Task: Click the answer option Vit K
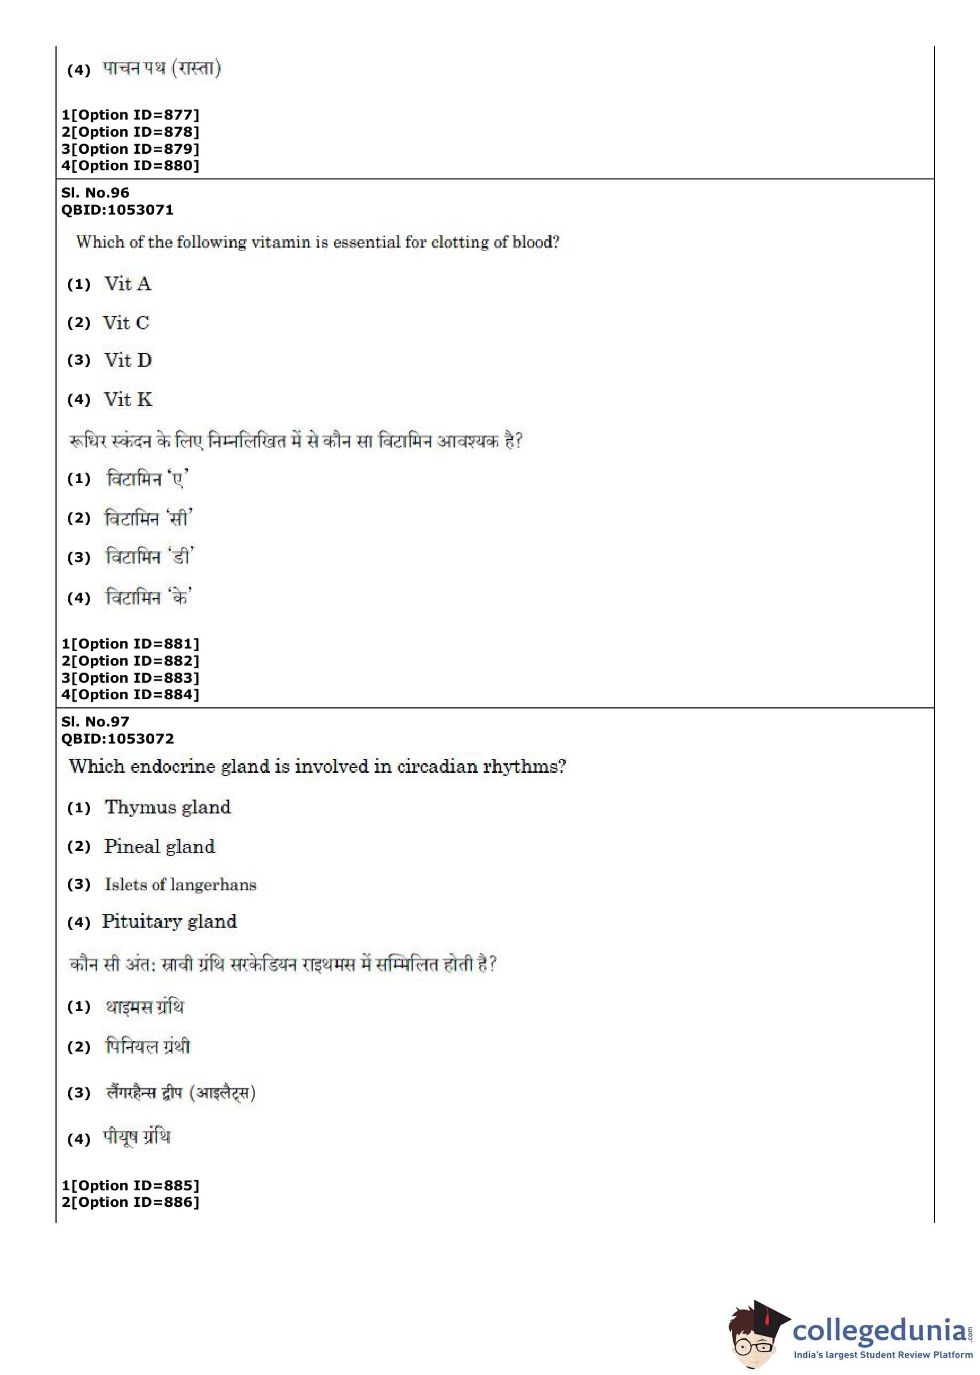pyautogui.click(x=128, y=399)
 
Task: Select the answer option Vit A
pyautogui.click(x=128, y=283)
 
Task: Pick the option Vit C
pyautogui.click(x=125, y=323)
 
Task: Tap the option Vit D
pyautogui.click(x=128, y=360)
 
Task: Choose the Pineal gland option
pyautogui.click(x=159, y=847)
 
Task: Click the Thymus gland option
pyautogui.click(x=167, y=807)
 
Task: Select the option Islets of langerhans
pyautogui.click(x=180, y=884)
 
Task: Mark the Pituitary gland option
pyautogui.click(x=169, y=921)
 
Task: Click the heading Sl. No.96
pyautogui.click(x=96, y=193)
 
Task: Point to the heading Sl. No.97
pyautogui.click(x=96, y=722)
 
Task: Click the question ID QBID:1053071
pyautogui.click(x=117, y=210)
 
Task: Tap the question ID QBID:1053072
pyautogui.click(x=117, y=739)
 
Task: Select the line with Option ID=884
pyautogui.click(x=130, y=694)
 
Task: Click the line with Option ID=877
pyautogui.click(x=130, y=115)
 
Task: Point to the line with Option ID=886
pyautogui.click(x=130, y=1202)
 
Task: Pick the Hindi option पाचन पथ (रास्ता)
pyautogui.click(x=162, y=68)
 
